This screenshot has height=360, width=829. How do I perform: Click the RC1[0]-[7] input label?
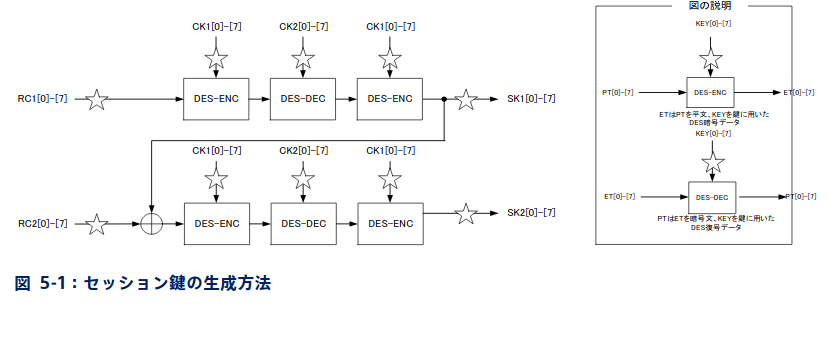coord(43,99)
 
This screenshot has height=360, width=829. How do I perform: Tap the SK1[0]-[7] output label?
coord(531,99)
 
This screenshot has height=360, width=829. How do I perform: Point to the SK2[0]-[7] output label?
coord(531,213)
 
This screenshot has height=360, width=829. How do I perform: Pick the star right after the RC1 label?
coord(96,99)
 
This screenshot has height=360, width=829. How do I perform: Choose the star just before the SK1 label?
coord(465,99)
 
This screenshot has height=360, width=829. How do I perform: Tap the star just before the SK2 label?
coord(465,213)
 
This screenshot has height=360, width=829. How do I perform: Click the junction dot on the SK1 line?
coord(443,99)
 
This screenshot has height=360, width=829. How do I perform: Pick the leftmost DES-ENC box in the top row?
coord(217,99)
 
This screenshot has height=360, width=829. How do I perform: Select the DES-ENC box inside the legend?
coord(712,92)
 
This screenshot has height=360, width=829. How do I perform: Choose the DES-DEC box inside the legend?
coord(712,196)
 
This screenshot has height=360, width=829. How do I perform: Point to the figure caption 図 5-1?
coord(143,283)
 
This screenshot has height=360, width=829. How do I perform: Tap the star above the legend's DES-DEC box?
coord(712,161)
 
